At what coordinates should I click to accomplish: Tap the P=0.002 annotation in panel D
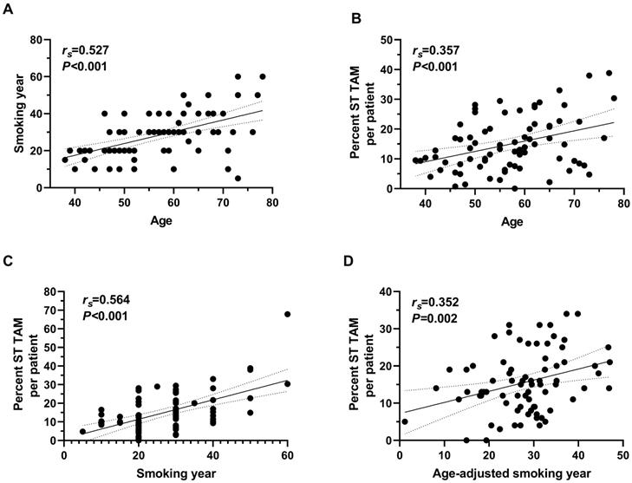433,315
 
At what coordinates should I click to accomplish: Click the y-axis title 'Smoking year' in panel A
19,114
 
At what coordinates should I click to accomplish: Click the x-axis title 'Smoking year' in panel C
176,473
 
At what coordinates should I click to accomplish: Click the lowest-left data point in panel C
82,431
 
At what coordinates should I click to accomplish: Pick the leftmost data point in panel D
404,422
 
